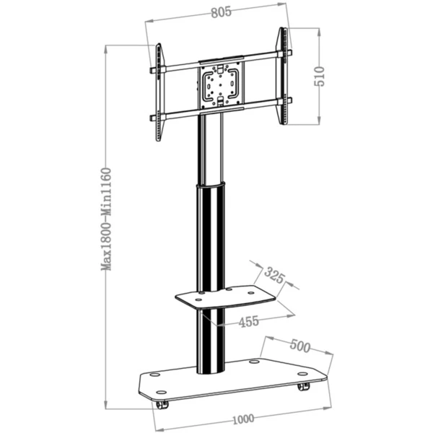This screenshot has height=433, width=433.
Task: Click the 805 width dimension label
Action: [x=222, y=12]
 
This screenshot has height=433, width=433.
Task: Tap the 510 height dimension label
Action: [x=320, y=76]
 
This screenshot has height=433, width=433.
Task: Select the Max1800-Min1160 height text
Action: [x=106, y=219]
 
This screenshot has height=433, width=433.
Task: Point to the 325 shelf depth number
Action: [x=274, y=275]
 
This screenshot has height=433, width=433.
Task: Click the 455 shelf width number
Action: [x=249, y=322]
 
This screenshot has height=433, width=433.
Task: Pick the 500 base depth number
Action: [x=300, y=346]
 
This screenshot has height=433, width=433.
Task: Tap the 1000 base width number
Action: [x=243, y=419]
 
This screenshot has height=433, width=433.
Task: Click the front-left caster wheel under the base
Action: [x=162, y=405]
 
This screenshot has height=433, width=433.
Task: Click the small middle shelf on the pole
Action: [x=225, y=297]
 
